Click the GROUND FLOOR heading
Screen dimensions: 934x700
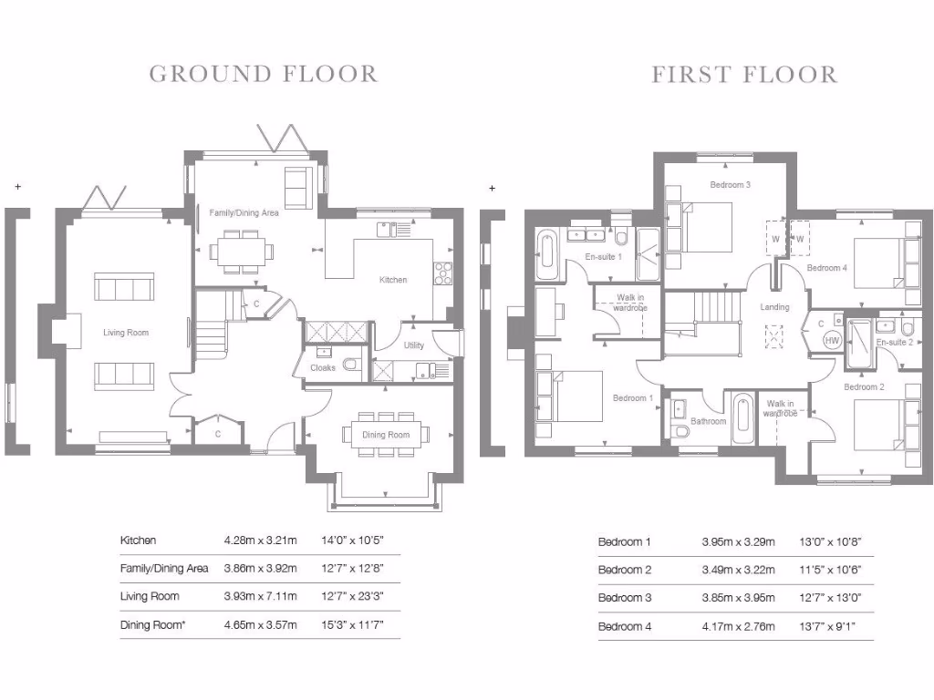click(x=264, y=75)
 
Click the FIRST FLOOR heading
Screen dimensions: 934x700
click(x=744, y=75)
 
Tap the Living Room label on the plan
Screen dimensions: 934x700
click(x=126, y=333)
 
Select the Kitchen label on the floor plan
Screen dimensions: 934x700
click(x=393, y=280)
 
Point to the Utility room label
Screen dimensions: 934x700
click(x=414, y=345)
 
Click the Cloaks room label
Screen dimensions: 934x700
click(x=323, y=368)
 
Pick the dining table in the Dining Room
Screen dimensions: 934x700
click(x=386, y=435)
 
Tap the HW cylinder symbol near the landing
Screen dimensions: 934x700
click(x=832, y=341)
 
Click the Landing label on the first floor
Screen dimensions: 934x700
click(x=774, y=307)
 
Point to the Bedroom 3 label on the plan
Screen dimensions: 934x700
click(x=731, y=184)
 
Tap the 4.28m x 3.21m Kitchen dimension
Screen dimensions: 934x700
click(x=260, y=540)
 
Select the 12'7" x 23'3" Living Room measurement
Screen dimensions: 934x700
click(x=353, y=596)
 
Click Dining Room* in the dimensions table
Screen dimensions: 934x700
click(x=153, y=625)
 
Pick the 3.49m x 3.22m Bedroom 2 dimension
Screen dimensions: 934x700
click(x=739, y=570)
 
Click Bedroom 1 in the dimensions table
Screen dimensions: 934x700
click(x=624, y=541)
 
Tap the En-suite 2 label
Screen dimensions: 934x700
click(x=895, y=343)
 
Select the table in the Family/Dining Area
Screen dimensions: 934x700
click(x=241, y=251)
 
